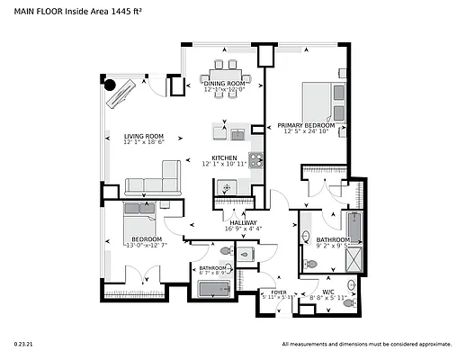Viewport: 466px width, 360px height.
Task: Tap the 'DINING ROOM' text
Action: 224,83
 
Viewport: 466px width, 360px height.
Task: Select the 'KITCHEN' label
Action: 224,157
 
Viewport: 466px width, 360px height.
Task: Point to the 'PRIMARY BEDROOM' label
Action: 306,126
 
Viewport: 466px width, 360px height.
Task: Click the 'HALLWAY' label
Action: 243,222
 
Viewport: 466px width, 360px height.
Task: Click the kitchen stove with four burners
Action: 255,162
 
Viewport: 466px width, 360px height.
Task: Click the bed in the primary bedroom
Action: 321,100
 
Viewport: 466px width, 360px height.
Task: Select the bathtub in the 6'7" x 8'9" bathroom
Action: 214,289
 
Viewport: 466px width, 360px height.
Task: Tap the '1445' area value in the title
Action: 121,13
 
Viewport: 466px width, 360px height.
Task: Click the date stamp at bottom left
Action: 22,344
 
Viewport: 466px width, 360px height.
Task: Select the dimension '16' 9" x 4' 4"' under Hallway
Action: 243,229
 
